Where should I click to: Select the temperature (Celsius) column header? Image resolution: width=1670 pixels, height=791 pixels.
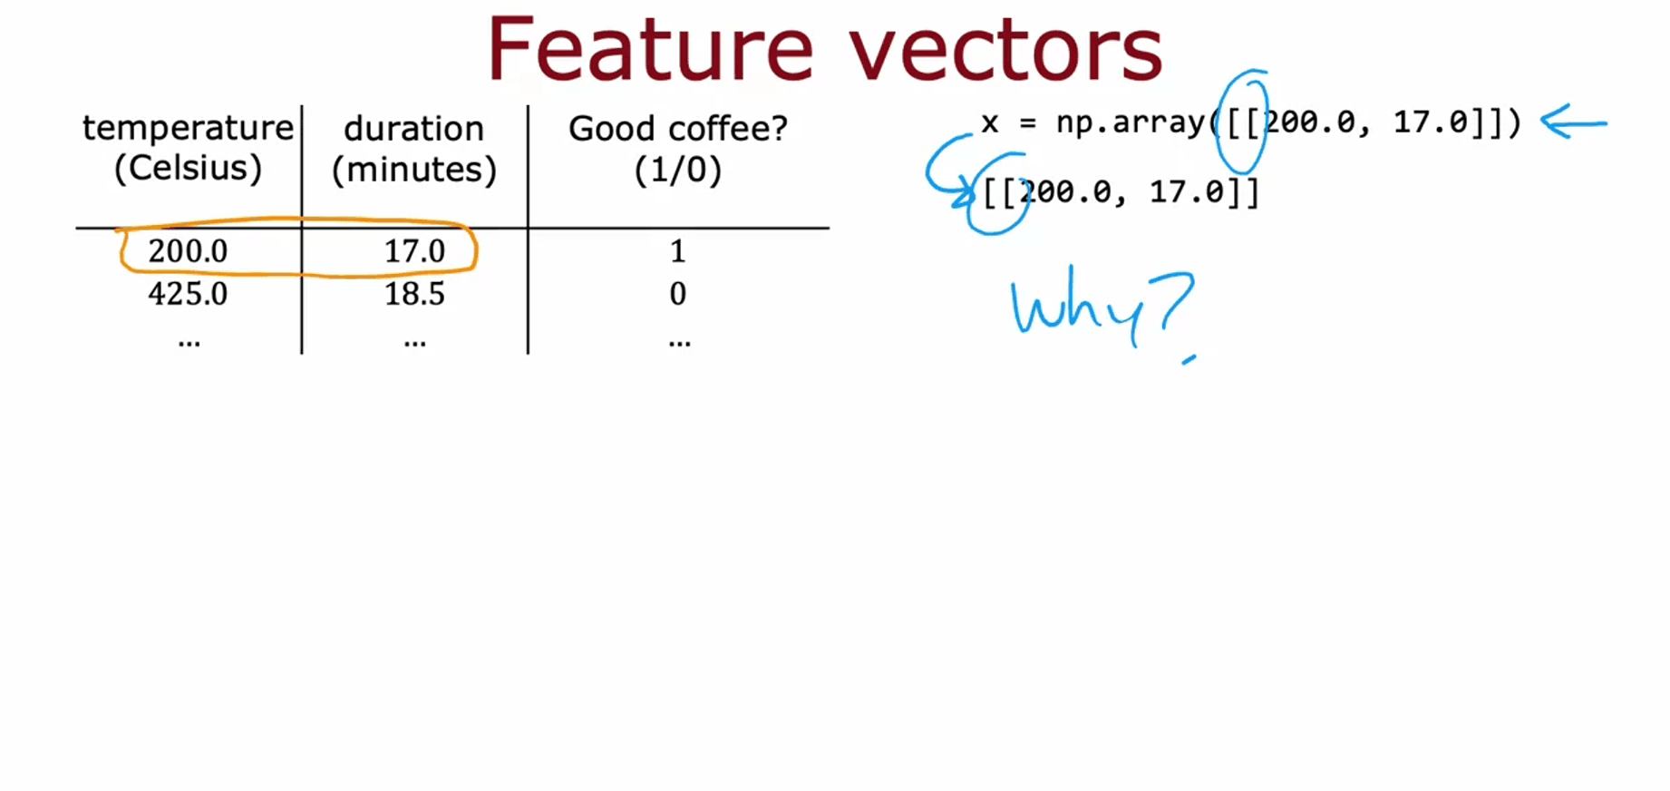pos(189,148)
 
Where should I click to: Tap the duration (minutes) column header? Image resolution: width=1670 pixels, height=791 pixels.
pos(414,149)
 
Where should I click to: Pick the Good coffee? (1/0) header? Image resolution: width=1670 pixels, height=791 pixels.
pos(678,149)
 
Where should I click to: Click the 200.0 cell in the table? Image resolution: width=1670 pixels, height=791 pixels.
pos(188,251)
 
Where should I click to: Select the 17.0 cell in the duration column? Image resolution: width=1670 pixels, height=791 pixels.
pos(414,251)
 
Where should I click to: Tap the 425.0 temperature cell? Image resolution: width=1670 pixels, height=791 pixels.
pos(188,294)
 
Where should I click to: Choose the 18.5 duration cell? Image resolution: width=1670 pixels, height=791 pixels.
pos(414,294)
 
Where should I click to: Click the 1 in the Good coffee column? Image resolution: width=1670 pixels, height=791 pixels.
pos(677,251)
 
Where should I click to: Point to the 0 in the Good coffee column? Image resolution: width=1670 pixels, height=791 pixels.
pos(677,294)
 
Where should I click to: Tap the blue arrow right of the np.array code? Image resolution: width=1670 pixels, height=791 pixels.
pos(1574,122)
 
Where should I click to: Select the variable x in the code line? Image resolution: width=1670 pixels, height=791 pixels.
pos(990,123)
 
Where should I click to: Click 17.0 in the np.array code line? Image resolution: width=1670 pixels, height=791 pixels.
pos(1430,122)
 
